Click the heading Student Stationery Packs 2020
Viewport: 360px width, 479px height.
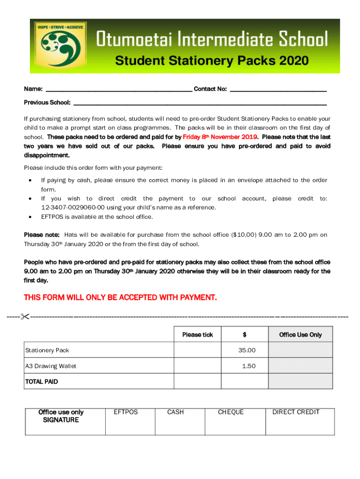click(x=212, y=61)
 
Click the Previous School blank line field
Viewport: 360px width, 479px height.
click(x=200, y=102)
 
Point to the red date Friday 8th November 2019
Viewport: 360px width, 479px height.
click(x=220, y=137)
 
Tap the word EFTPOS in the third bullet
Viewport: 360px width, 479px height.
click(x=52, y=217)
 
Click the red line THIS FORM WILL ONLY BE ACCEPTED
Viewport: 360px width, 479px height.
click(x=120, y=297)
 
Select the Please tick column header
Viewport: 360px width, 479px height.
click(x=197, y=334)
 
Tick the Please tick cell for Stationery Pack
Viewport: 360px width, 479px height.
click(x=197, y=350)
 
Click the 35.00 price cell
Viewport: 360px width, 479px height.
click(x=246, y=350)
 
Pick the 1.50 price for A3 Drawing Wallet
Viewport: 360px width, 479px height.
click(x=248, y=366)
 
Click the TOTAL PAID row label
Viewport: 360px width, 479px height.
click(x=42, y=382)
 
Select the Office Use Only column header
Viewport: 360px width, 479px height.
click(x=300, y=334)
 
